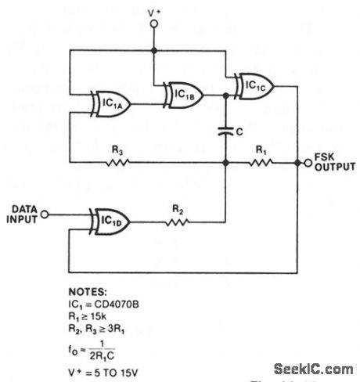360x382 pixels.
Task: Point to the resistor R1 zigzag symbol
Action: pos(260,163)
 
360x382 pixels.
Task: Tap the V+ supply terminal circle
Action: pos(154,24)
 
